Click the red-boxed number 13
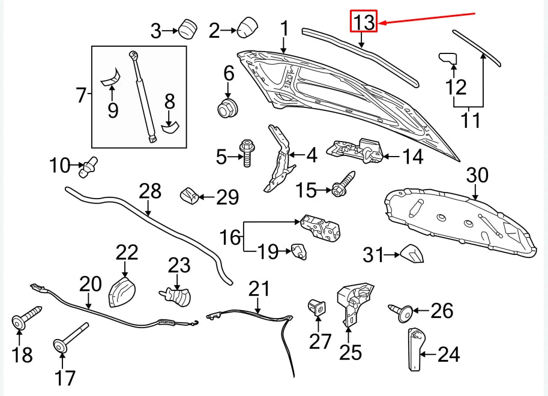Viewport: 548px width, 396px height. click(x=364, y=22)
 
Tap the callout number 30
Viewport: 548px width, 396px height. click(x=478, y=175)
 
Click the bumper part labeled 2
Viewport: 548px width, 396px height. click(x=247, y=28)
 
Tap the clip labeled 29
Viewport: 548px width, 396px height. click(x=189, y=195)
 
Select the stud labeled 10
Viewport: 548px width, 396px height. click(x=88, y=166)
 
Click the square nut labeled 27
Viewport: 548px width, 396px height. click(x=318, y=307)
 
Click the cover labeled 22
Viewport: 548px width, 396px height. click(x=122, y=291)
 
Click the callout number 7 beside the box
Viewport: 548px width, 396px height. click(x=81, y=94)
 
